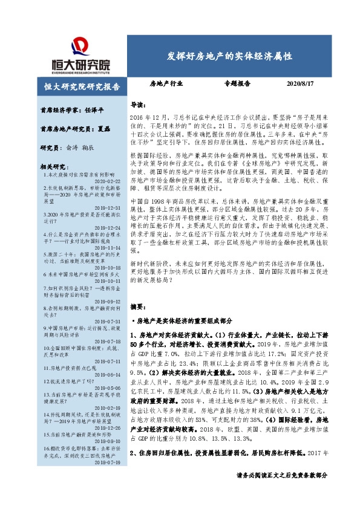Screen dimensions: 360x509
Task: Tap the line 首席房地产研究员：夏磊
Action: pos(68,129)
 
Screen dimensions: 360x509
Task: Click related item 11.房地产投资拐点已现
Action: pos(70,367)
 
